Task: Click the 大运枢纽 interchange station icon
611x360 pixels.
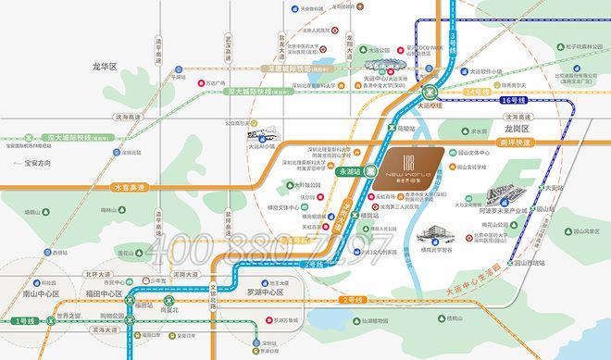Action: [x=429, y=92]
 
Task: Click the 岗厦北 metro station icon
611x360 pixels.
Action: [x=168, y=299]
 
